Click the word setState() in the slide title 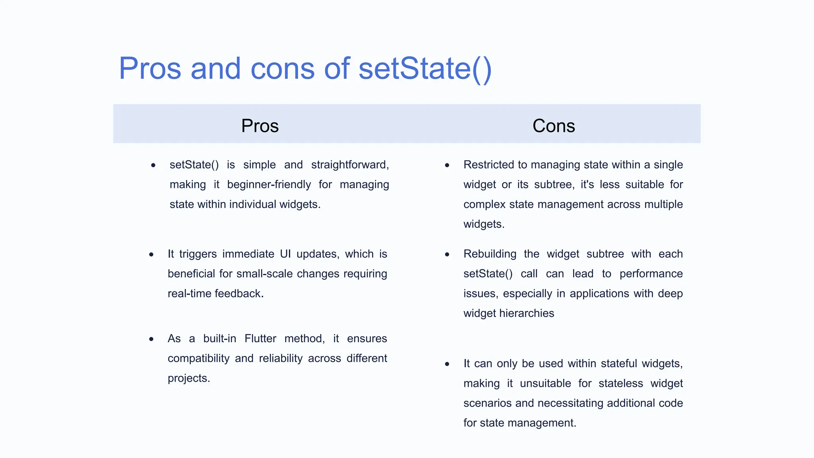[x=425, y=68]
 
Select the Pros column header [x=260, y=126]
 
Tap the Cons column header [x=554, y=126]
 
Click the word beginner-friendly [x=269, y=184]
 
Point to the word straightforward [x=350, y=165]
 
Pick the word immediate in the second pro [x=248, y=254]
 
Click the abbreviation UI [x=285, y=254]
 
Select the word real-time [x=190, y=294]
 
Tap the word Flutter [x=260, y=338]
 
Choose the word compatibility [x=198, y=358]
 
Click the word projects [x=188, y=378]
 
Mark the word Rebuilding [x=490, y=254]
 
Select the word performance [x=651, y=274]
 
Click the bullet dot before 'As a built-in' [x=151, y=339]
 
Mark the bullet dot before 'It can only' [x=447, y=364]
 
